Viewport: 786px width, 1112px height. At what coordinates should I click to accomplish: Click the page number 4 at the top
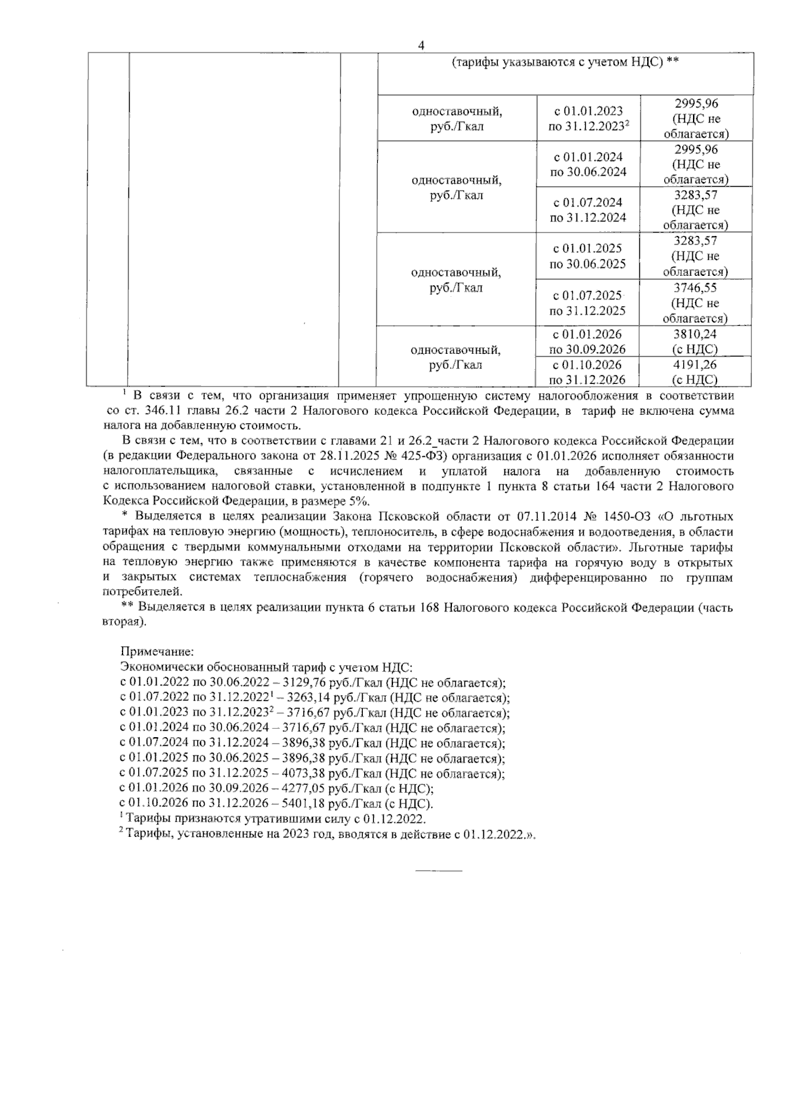pos(421,45)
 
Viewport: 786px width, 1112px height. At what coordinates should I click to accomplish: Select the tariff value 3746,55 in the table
pos(696,288)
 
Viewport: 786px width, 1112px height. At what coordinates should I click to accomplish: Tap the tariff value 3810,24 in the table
pos(696,334)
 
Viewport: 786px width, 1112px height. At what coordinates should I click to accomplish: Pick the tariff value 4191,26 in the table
pos(696,364)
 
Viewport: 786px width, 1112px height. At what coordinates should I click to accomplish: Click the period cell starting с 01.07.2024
pos(588,210)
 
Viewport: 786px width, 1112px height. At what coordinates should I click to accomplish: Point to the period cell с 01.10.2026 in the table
pos(588,372)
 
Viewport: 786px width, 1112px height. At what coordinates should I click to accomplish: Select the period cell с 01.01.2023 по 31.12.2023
pos(588,119)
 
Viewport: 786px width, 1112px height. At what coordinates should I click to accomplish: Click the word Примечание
pos(157,653)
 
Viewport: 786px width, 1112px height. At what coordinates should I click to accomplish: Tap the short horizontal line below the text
pos(439,870)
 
